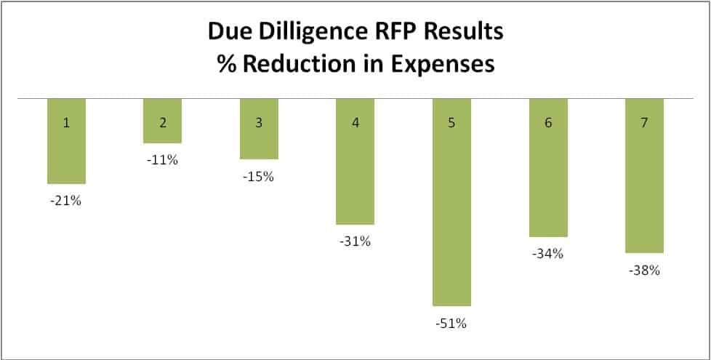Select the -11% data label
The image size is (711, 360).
coord(162,160)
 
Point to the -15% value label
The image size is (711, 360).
coord(259,177)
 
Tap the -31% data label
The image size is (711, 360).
coord(355,241)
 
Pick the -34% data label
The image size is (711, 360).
coord(548,254)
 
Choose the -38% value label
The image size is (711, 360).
coord(644,271)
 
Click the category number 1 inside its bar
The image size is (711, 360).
coord(66,123)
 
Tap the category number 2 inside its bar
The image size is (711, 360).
coord(162,123)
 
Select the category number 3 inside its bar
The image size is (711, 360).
coord(259,123)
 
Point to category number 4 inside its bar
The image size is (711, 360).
coord(355,123)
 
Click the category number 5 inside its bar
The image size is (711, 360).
coord(451,123)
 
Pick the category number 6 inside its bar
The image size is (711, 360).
coord(548,123)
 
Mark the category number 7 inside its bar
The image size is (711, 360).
coord(644,123)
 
